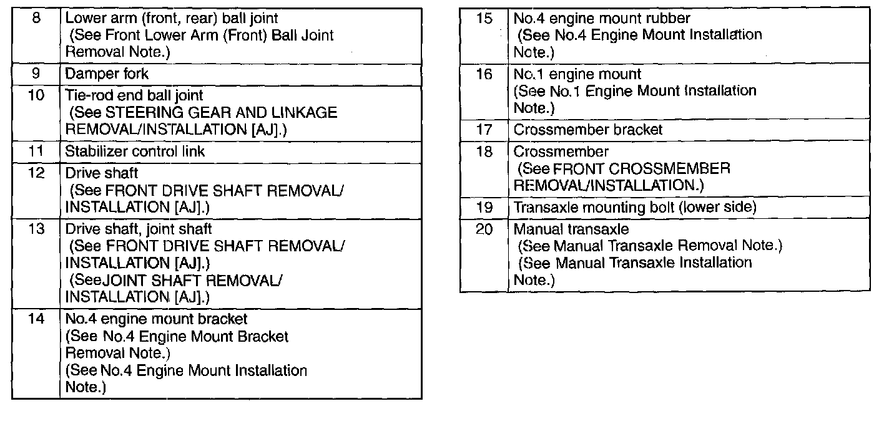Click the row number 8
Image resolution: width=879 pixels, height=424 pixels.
tap(36, 18)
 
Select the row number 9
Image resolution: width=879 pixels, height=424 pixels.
tap(36, 74)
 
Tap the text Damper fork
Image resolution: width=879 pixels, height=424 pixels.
tap(107, 74)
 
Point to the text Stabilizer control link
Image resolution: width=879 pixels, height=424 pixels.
tap(135, 151)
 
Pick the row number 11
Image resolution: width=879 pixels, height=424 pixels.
tap(36, 151)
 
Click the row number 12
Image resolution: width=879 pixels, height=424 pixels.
tap(36, 173)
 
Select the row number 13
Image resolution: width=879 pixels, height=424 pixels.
tap(36, 229)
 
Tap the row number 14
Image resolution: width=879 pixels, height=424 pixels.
tap(36, 319)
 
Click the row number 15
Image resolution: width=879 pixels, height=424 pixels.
tap(484, 18)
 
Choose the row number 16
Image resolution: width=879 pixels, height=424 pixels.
tap(484, 74)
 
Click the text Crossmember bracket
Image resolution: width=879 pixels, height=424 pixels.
tap(587, 130)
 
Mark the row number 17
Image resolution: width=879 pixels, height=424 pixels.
tap(484, 130)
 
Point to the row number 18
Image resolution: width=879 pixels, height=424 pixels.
tap(484, 152)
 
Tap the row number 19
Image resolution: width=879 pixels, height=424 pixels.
tap(484, 207)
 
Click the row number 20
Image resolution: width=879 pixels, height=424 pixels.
tap(484, 229)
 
